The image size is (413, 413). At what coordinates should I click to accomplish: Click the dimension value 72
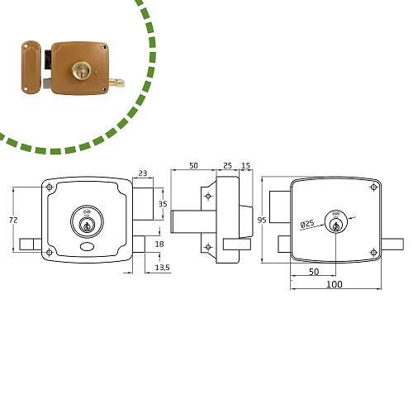(13, 220)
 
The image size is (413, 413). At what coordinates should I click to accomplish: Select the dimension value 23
(143, 173)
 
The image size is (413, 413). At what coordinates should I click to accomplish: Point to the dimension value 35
(163, 204)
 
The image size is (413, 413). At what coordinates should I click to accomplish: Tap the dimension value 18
(159, 244)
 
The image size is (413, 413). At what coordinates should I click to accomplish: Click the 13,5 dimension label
(162, 267)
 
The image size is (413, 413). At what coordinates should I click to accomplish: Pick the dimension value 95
(262, 220)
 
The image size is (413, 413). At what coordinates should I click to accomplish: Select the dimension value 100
(335, 284)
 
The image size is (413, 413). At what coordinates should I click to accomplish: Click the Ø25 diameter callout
(307, 224)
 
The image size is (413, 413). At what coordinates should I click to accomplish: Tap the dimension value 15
(245, 165)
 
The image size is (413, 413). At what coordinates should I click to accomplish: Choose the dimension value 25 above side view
(227, 165)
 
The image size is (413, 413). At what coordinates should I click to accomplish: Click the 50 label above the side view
(193, 165)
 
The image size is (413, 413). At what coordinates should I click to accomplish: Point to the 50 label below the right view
(314, 272)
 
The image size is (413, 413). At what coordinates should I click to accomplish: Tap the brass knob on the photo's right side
(116, 83)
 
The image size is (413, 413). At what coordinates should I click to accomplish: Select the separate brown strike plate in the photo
(31, 67)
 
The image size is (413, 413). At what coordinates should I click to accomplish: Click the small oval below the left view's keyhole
(88, 247)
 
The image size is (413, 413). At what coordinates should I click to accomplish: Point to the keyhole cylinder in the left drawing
(87, 222)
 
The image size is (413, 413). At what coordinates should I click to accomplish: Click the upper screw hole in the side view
(208, 196)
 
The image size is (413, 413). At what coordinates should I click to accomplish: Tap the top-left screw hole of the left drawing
(50, 188)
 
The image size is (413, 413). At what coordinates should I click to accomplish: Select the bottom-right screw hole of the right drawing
(373, 252)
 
